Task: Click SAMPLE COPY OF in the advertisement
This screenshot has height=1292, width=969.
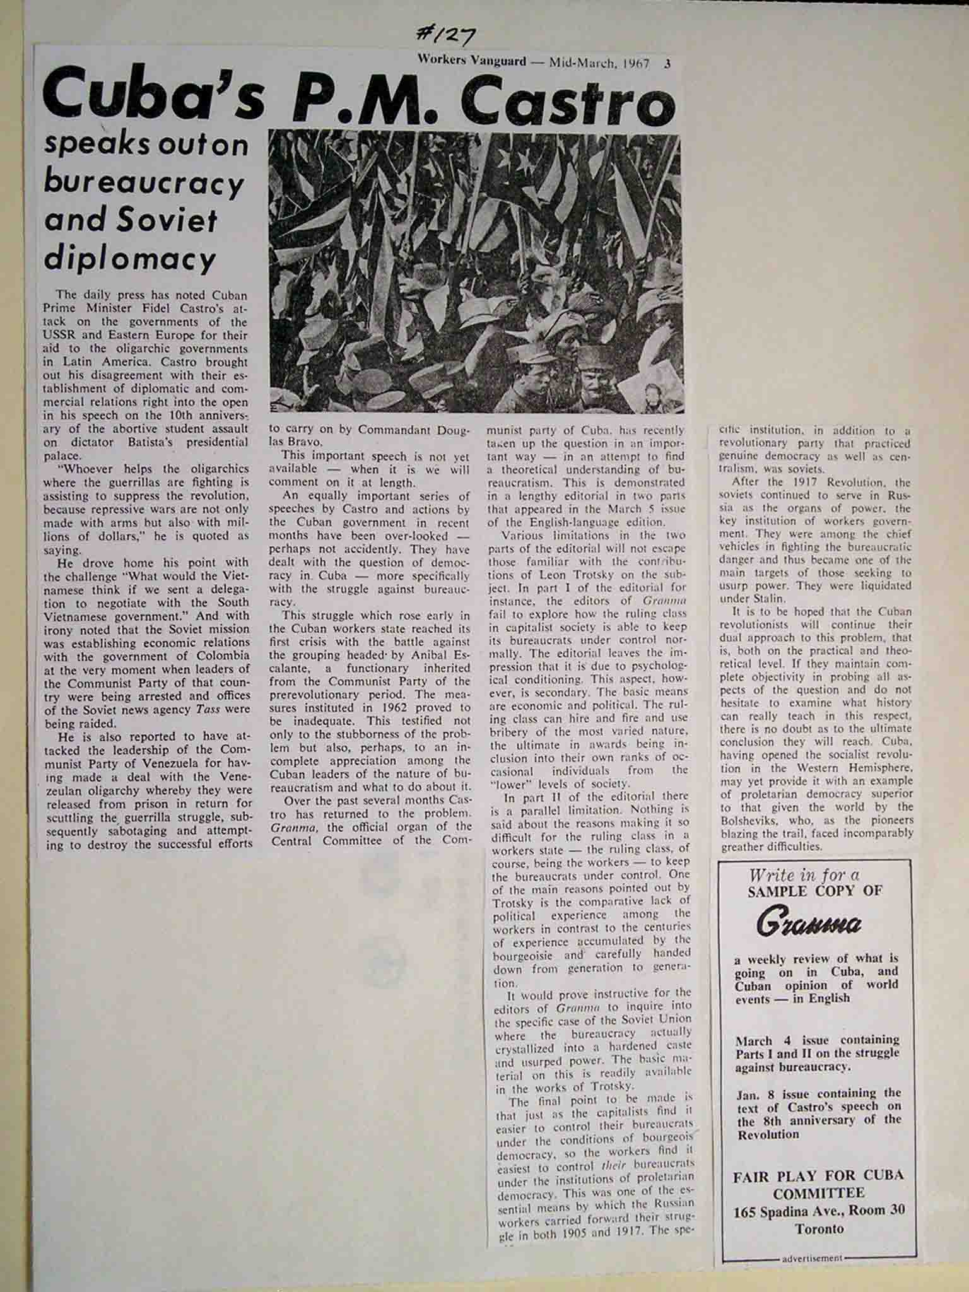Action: click(x=815, y=891)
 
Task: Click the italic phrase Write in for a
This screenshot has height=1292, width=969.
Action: click(x=804, y=875)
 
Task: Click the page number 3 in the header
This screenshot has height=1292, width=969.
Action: click(x=666, y=62)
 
